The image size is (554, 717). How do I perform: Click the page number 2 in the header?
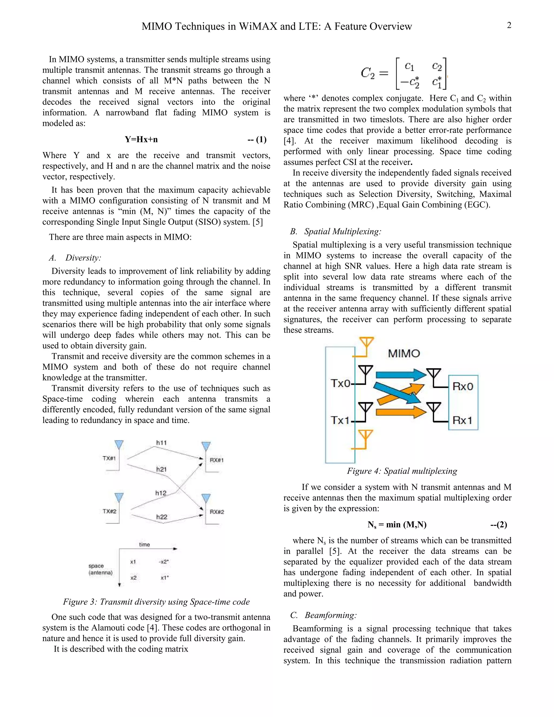(x=509, y=25)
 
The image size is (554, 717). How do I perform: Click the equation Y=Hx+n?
(x=141, y=140)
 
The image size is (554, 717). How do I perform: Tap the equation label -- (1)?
(x=257, y=140)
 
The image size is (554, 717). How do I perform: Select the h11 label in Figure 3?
(x=161, y=443)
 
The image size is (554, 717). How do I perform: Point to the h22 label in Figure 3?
(x=161, y=517)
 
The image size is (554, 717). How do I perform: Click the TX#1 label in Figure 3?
(x=109, y=458)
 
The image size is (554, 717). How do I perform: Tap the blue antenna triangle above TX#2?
(x=119, y=497)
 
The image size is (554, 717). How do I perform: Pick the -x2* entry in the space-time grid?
(x=164, y=562)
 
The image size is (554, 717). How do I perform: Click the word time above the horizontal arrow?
(x=144, y=545)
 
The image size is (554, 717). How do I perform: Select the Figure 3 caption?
(x=156, y=602)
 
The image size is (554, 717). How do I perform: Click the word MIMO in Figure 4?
(x=404, y=354)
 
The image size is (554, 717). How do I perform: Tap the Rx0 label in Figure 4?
(x=463, y=386)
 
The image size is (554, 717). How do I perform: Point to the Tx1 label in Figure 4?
(x=340, y=420)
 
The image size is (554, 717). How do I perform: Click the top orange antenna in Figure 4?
(x=366, y=343)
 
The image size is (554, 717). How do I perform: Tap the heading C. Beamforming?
(x=323, y=615)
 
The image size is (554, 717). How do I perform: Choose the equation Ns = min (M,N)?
(x=397, y=525)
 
